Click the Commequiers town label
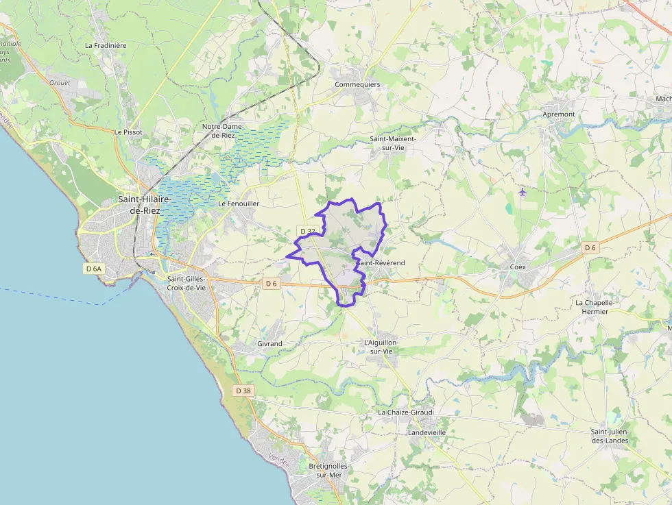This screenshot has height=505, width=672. coord(357,84)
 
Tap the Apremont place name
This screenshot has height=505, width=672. coord(558,114)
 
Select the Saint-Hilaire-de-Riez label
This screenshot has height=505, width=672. coord(145,205)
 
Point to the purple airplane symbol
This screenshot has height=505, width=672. coord(523,192)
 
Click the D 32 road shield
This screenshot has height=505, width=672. coord(307,231)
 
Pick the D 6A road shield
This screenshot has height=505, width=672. coord(93,269)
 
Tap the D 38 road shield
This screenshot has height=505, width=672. coord(243,391)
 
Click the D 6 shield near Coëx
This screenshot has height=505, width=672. coord(590,247)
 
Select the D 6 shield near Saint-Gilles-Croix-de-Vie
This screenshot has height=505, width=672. coord(272,283)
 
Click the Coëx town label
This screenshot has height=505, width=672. coord(518,267)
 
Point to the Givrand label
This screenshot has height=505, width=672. coord(269,343)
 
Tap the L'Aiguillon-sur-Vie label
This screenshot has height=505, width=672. coord(381,346)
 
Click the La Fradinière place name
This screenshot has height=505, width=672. coord(106,45)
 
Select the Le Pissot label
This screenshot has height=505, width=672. coord(128,132)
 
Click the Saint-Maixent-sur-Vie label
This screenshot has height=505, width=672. coord(393,143)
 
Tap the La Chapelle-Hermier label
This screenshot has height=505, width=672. coord(592,306)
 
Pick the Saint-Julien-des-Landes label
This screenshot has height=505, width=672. coord(610,436)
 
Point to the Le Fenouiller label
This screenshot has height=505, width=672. coord(239,204)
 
